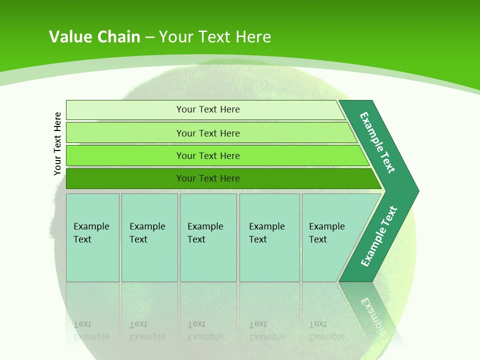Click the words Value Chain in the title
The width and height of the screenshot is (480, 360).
click(94, 37)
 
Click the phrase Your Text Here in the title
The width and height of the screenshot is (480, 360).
click(215, 37)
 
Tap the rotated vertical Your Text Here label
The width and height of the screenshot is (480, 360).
click(57, 143)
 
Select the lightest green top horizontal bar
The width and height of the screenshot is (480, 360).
click(125, 110)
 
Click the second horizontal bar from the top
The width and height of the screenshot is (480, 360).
click(125, 133)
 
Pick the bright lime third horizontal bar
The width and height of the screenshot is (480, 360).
click(125, 155)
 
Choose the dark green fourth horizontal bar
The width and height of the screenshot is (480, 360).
click(125, 178)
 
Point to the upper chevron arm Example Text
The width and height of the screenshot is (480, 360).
click(377, 142)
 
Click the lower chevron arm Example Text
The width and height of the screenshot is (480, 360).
click(379, 236)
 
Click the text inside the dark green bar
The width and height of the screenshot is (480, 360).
click(208, 178)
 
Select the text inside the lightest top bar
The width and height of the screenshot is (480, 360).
click(208, 109)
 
